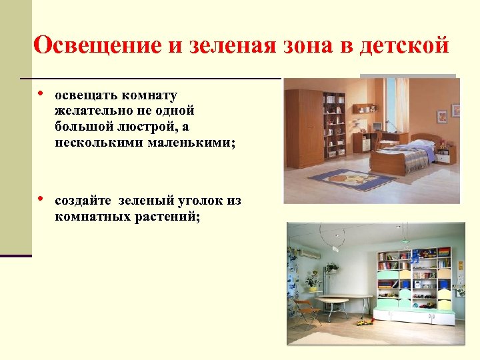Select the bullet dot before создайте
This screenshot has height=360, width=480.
pos(41,199)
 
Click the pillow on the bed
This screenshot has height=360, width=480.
pos(421,143)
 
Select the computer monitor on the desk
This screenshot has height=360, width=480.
pos(379,126)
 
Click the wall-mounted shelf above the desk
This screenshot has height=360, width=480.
pos(365,108)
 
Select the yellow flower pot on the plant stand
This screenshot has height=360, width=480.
pos(311,288)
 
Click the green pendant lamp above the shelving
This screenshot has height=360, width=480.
pos(404,240)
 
